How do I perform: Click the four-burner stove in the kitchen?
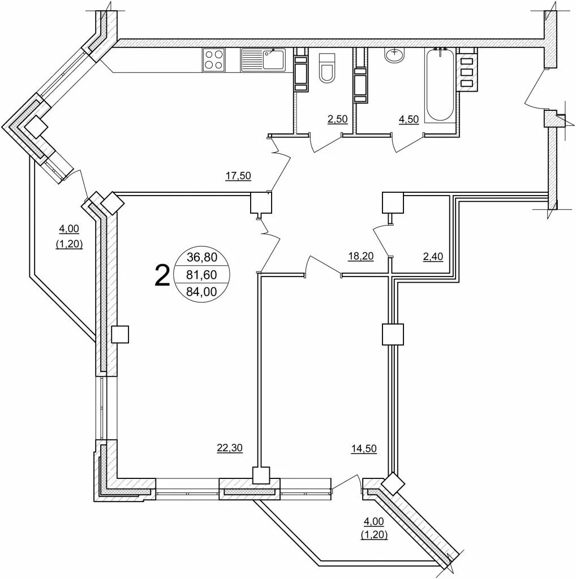[x=214, y=59]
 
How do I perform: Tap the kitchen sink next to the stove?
[x=264, y=59]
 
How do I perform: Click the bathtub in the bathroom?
[x=441, y=85]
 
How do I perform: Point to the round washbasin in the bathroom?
[x=394, y=55]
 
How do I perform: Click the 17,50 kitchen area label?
[x=238, y=176]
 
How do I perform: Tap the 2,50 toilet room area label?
[x=338, y=119]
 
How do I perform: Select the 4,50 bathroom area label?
[x=410, y=119]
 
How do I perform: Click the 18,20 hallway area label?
[x=360, y=256]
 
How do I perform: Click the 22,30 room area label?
[x=230, y=448]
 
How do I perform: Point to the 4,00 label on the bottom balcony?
[x=374, y=521]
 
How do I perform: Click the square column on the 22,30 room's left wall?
[x=121, y=335]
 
